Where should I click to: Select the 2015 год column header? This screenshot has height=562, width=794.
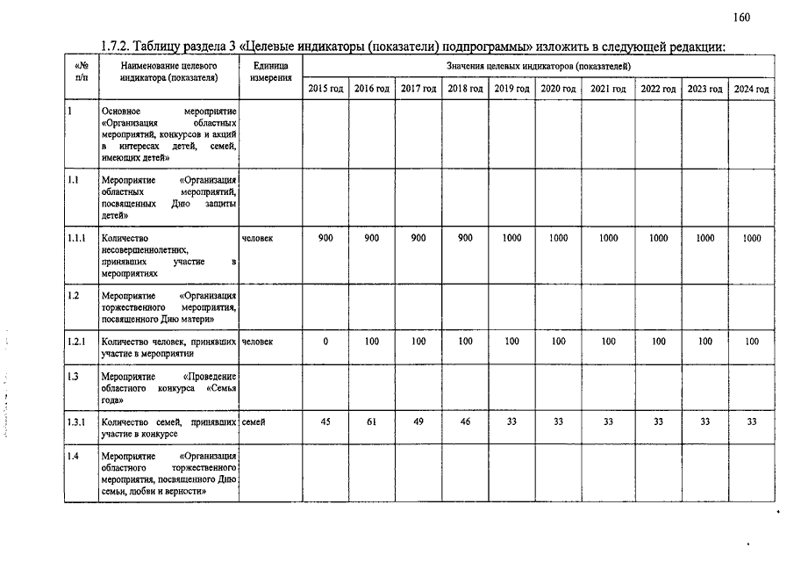pyautogui.click(x=325, y=89)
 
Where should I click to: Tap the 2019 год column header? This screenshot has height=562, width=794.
pyautogui.click(x=511, y=89)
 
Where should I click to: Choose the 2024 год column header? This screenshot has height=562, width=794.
pyautogui.click(x=751, y=89)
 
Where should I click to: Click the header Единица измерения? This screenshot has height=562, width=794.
pyautogui.click(x=270, y=72)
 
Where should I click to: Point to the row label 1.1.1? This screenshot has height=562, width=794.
pyautogui.click(x=77, y=238)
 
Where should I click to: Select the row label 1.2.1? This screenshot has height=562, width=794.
pyautogui.click(x=77, y=342)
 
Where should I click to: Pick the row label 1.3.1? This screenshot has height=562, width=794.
pyautogui.click(x=77, y=422)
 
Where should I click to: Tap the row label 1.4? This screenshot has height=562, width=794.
pyautogui.click(x=74, y=457)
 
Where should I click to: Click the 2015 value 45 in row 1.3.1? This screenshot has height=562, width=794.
pyautogui.click(x=325, y=422)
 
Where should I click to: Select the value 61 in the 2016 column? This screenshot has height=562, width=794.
pyautogui.click(x=372, y=422)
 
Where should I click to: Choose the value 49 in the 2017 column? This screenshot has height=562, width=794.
pyautogui.click(x=418, y=422)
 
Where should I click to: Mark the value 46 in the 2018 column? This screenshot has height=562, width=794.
pyautogui.click(x=465, y=422)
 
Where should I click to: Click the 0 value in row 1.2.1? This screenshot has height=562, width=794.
pyautogui.click(x=325, y=342)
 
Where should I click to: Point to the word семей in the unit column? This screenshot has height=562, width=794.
pyautogui.click(x=254, y=422)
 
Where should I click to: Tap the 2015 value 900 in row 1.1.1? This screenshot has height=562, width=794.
pyautogui.click(x=325, y=238)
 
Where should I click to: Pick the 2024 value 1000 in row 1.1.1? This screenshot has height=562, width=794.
pyautogui.click(x=751, y=238)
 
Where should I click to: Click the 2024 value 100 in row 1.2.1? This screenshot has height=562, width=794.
pyautogui.click(x=751, y=342)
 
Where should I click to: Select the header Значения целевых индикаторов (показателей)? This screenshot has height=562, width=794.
pyautogui.click(x=538, y=66)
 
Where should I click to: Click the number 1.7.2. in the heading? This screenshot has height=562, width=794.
pyautogui.click(x=116, y=46)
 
